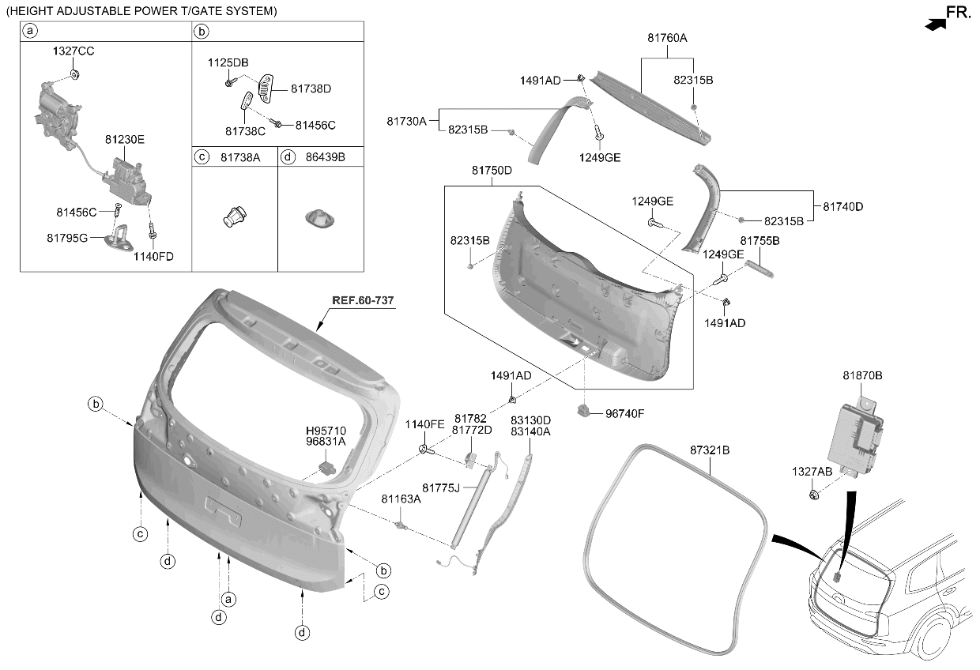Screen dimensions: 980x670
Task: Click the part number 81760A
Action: [667, 38]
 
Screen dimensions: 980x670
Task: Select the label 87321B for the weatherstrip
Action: [710, 450]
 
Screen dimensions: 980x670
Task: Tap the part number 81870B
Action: [862, 375]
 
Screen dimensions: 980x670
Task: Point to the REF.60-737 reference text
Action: [363, 300]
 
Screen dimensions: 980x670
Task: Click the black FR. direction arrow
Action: [936, 24]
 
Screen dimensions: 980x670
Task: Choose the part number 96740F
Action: [624, 414]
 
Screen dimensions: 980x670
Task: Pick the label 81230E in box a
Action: [125, 140]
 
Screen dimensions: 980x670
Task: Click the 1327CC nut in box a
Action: [75, 75]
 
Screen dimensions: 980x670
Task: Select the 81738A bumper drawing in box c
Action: [235, 216]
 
